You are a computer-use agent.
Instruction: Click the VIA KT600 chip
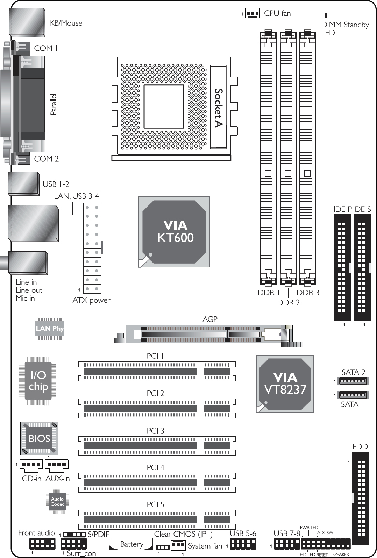[x=174, y=232]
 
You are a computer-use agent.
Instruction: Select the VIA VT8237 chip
[x=285, y=384]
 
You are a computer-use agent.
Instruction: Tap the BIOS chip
[x=39, y=438]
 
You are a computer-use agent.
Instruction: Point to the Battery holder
[x=131, y=544]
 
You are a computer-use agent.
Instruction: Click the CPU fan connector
[x=252, y=13]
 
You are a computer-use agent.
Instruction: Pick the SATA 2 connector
[x=353, y=381]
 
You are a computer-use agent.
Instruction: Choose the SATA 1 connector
[x=353, y=395]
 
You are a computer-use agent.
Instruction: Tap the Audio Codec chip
[x=57, y=502]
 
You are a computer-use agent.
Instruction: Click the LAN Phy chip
[x=50, y=329]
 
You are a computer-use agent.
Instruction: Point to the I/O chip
[x=38, y=381]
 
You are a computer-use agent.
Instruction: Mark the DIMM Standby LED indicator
[x=326, y=15]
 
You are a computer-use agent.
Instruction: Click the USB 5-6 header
[x=243, y=544]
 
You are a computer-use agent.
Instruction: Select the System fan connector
[x=178, y=545]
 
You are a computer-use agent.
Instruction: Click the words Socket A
[x=218, y=108]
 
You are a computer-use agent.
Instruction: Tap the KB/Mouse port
[x=27, y=22]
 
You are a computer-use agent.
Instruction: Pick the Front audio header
[x=42, y=544]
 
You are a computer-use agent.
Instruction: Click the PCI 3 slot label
[x=155, y=431]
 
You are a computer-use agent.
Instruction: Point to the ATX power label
[x=91, y=300]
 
